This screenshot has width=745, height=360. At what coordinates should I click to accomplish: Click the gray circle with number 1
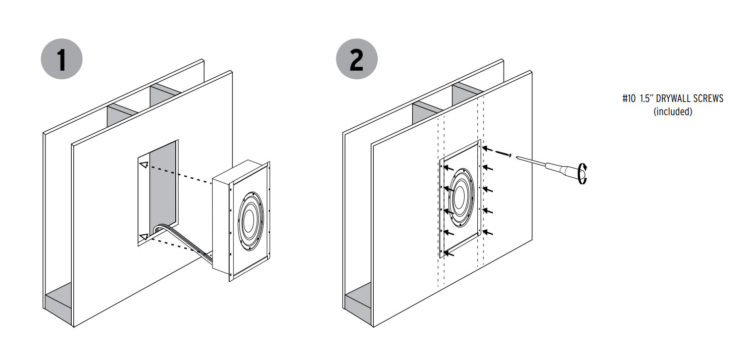(62, 59)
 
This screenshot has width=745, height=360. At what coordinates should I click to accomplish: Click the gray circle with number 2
(357, 59)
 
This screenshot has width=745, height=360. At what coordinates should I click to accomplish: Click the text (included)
(673, 112)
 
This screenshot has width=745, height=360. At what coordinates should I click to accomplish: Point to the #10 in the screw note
(629, 98)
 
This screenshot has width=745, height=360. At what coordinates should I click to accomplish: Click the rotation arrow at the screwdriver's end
(582, 174)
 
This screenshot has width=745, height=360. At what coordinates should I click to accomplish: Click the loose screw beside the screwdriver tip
(503, 153)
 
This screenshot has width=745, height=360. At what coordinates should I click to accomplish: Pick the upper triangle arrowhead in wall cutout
(144, 165)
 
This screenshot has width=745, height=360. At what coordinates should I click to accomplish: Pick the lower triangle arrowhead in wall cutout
(144, 237)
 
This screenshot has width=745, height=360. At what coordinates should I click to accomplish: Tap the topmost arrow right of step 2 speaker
(487, 148)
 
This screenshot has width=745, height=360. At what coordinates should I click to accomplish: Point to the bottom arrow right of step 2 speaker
(487, 232)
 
